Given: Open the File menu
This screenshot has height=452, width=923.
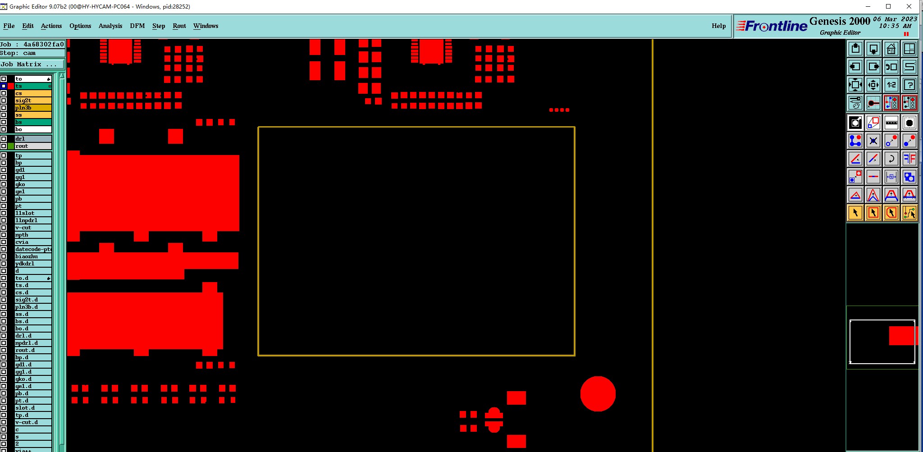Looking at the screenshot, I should tap(9, 26).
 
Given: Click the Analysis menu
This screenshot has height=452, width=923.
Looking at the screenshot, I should tap(110, 26).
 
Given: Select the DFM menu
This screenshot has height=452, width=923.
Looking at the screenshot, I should tap(137, 26).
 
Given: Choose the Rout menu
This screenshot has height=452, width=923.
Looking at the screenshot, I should tap(179, 26).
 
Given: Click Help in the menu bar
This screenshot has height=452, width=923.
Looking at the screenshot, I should tap(718, 26).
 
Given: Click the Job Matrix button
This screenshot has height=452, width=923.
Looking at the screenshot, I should tap(29, 64).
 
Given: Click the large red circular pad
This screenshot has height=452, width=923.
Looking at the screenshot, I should tap(598, 394).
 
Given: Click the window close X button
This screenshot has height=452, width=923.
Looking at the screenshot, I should tap(909, 6).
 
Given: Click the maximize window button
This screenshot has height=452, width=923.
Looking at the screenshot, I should tap(888, 6).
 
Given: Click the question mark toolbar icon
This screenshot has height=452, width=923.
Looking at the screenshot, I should tap(909, 85).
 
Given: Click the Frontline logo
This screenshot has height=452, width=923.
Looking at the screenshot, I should tap(772, 26).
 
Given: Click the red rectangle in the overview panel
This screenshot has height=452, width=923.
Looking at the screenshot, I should tap(903, 336).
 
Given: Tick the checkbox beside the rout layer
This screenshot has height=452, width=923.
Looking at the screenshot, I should tap(4, 146).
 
